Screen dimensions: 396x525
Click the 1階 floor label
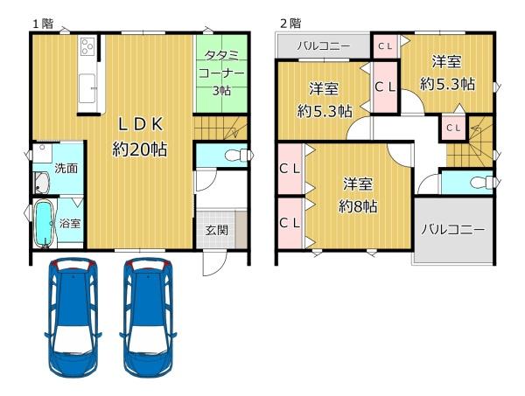(41, 23)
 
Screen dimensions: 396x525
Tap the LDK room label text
(139, 123)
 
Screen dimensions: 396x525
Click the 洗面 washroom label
(65, 167)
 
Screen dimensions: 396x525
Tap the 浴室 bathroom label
(70, 223)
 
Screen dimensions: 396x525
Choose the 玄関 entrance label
(218, 231)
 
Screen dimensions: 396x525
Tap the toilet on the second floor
(477, 184)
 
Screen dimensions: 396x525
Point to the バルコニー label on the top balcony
(323, 45)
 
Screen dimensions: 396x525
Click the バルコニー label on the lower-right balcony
(451, 230)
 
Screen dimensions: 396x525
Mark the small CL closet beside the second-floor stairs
(453, 128)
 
